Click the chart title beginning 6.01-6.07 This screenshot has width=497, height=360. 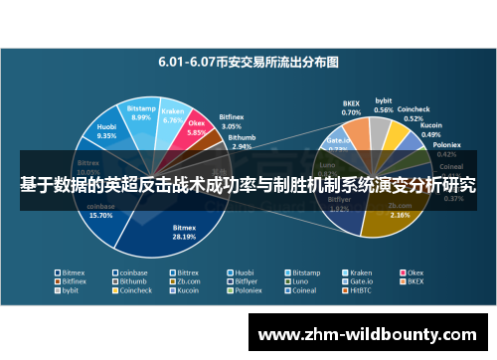tap(248, 62)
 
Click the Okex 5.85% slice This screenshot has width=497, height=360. tap(196, 130)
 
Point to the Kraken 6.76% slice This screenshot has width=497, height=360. tap(173, 116)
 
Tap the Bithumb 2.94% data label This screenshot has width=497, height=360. tap(241, 142)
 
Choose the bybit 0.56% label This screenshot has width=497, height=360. tap(383, 104)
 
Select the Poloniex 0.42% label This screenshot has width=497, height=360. tap(447, 150)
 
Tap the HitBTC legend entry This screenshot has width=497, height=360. tap(359, 291)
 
